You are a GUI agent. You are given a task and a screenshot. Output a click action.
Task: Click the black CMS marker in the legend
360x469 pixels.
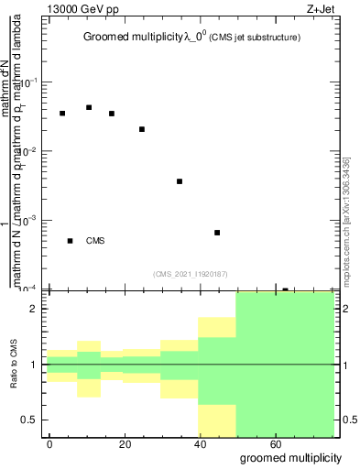tap(71, 241)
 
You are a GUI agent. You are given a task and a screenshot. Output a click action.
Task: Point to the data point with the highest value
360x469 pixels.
tap(89, 107)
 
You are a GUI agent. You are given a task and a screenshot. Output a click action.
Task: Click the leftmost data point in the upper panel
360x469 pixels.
tap(62, 114)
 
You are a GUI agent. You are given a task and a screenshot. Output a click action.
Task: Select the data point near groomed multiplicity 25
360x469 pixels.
tap(142, 129)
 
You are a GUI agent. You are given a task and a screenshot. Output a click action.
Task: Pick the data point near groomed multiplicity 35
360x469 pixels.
tap(180, 181)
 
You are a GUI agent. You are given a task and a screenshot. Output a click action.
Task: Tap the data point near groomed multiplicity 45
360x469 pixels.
tap(217, 233)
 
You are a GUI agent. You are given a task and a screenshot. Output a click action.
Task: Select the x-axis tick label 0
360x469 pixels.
tap(49, 442)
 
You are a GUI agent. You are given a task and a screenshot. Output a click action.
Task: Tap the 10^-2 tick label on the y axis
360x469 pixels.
tap(30, 150)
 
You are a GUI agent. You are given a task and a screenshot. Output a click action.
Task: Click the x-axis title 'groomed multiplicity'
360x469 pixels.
tap(291, 457)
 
